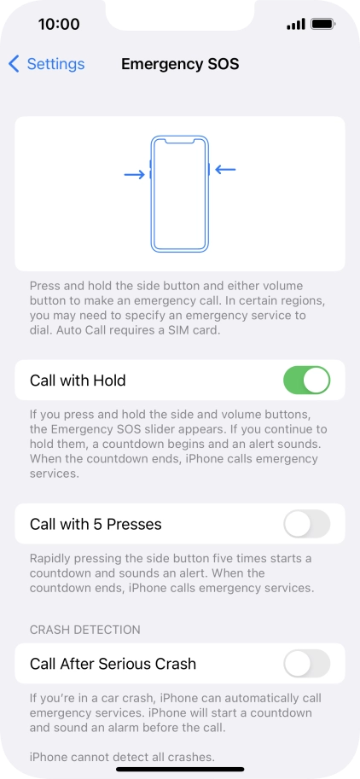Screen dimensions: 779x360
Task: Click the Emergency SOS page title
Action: pyautogui.click(x=180, y=64)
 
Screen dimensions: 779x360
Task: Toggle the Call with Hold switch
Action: pyautogui.click(x=306, y=381)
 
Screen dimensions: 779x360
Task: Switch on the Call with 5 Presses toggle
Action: pyautogui.click(x=306, y=524)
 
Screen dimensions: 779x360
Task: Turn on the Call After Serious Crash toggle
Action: pyautogui.click(x=306, y=664)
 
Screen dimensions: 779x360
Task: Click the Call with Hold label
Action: pyautogui.click(x=78, y=381)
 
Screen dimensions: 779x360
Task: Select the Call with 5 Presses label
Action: pyautogui.click(x=96, y=524)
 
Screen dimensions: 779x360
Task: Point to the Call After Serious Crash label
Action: pyautogui.click(x=113, y=664)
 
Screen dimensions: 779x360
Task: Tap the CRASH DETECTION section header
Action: pyautogui.click(x=84, y=630)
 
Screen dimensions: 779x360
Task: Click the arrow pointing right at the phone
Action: pyautogui.click(x=134, y=174)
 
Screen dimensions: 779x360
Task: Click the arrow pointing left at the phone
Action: pyautogui.click(x=225, y=170)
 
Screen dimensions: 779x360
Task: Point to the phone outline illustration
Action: pyautogui.click(x=179, y=194)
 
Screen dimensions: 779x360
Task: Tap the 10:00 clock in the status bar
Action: pyautogui.click(x=59, y=24)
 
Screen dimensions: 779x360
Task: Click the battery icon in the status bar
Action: pyautogui.click(x=323, y=24)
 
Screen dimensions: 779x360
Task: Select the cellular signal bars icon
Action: pyautogui.click(x=295, y=24)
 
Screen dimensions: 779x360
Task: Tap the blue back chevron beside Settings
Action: pyautogui.click(x=14, y=64)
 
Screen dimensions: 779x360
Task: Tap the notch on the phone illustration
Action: pyautogui.click(x=179, y=139)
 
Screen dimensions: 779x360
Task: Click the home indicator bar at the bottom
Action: pyautogui.click(x=180, y=768)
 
